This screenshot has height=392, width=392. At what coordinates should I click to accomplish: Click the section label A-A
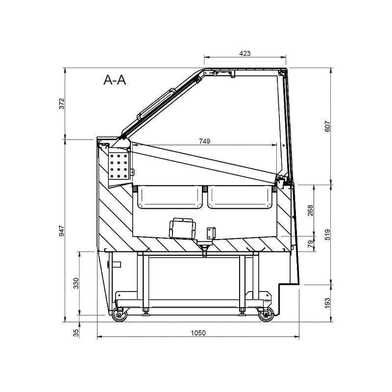(115, 80)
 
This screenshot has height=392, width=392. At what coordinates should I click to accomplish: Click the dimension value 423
(245, 53)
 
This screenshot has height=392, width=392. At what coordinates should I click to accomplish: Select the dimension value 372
(62, 103)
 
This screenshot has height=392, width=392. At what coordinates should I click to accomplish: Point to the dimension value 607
(327, 126)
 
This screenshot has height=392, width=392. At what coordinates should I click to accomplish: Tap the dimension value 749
(204, 141)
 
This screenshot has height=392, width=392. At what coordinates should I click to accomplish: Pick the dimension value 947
(62, 231)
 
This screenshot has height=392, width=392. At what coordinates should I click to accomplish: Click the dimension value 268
(310, 211)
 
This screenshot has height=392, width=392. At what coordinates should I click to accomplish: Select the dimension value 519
(327, 235)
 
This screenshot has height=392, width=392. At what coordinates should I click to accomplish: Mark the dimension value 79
(310, 244)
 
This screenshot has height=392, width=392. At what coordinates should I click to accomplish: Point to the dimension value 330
(76, 283)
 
